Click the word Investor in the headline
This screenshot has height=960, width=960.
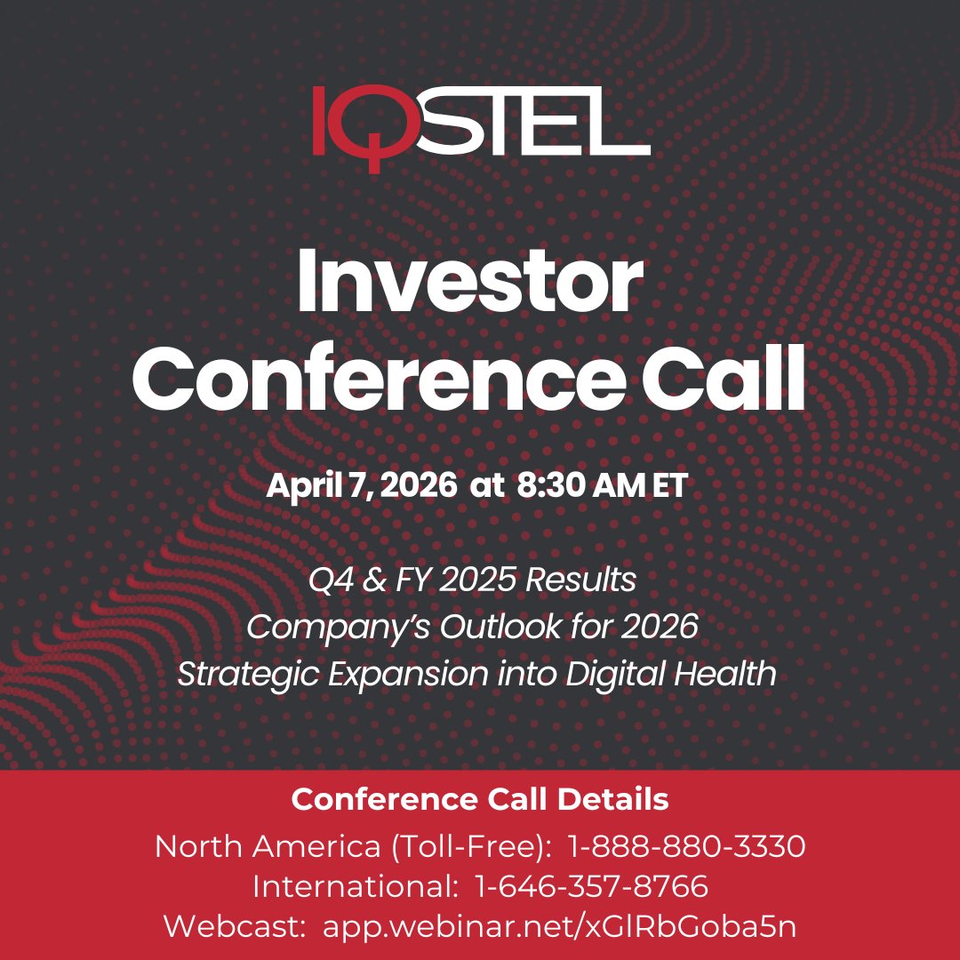pos(469,284)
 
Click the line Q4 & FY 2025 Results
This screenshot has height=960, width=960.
pos(472,580)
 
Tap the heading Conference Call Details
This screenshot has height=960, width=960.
pos(480,800)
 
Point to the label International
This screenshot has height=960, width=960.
pos(351,886)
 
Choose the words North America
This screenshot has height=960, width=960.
pos(268,847)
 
